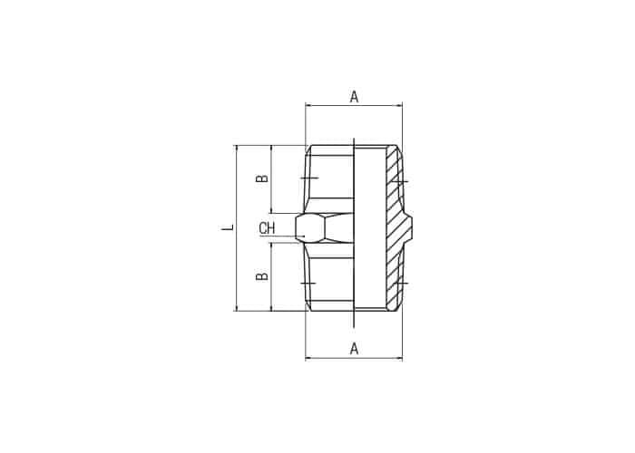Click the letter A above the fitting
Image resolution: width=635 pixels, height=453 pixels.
pos(354,97)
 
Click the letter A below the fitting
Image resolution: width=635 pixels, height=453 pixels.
pos(354,348)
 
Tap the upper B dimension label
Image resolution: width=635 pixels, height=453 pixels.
pos(262,178)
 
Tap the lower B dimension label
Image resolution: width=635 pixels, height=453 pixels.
pos(262,276)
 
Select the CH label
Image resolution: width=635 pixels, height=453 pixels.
pos(267,228)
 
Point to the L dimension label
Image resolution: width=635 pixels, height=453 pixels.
pos(229,227)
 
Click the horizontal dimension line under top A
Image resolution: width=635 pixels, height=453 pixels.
pos(354,106)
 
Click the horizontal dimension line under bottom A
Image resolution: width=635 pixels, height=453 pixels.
pos(354,358)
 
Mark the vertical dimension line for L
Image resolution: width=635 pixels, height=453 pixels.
pos(236,228)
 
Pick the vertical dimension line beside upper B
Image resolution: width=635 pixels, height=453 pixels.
pos(271,178)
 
